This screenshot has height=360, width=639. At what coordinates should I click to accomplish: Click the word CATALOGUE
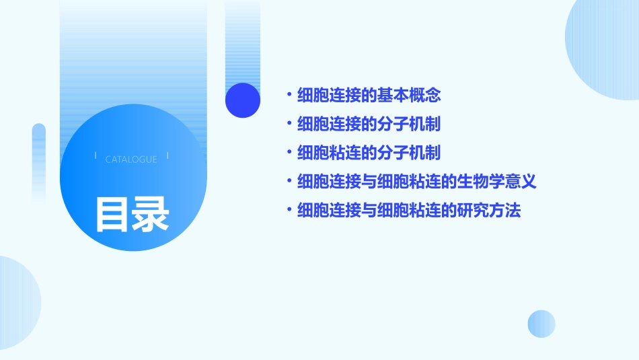tap(131, 159)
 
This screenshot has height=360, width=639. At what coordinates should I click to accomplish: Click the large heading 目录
tap(132, 215)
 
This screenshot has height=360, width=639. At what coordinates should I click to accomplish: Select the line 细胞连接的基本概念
tap(369, 96)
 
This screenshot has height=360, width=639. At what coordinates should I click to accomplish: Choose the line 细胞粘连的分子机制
tap(369, 153)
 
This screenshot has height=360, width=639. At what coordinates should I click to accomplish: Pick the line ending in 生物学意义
tap(416, 182)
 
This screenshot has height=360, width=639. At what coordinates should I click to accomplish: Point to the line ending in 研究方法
tap(409, 211)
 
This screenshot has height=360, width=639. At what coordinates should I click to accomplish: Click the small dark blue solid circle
tap(243, 100)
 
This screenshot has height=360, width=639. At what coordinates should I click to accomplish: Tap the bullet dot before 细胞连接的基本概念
tap(289, 96)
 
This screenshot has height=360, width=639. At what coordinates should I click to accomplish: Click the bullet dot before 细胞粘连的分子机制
tap(289, 153)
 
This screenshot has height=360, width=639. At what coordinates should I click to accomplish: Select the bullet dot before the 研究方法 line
tap(289, 211)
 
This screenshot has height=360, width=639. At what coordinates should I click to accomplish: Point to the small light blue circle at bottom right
tap(541, 324)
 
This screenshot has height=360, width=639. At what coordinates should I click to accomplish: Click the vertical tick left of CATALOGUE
tap(96, 156)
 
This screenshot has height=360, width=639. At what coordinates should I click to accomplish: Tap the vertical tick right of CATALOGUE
tap(167, 156)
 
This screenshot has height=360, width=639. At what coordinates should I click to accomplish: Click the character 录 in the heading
tap(151, 215)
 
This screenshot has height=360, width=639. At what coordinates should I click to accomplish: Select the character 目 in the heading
tap(112, 215)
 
